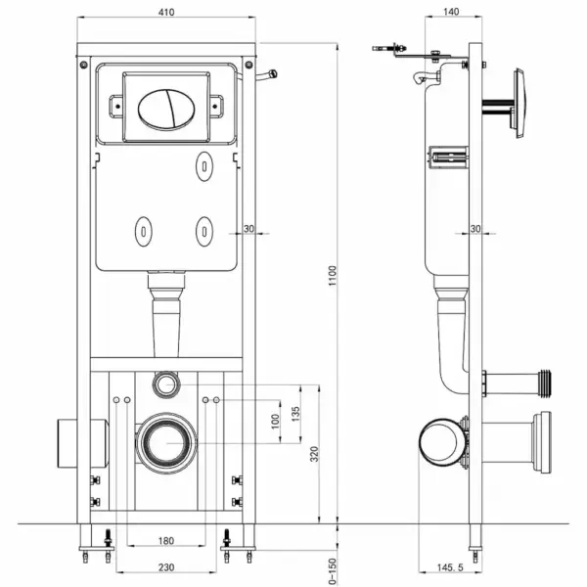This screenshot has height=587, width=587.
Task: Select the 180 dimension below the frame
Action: [164, 541]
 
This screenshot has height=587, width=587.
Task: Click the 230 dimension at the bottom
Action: [164, 565]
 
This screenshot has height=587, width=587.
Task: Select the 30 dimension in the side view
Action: [475, 228]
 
